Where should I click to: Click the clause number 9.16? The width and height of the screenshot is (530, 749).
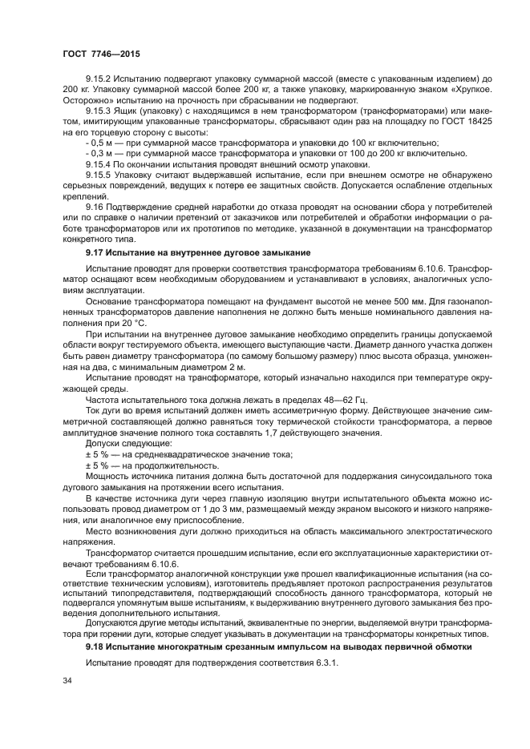(x=95, y=205)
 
